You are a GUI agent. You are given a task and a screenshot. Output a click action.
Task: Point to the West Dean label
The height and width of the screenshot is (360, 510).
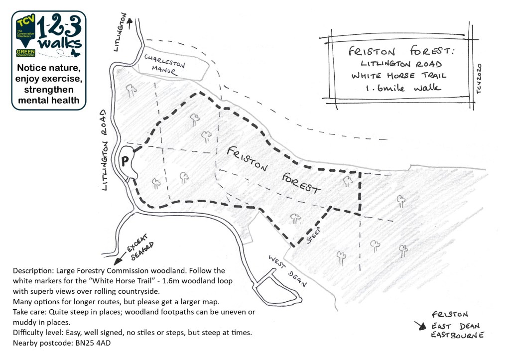(287, 271)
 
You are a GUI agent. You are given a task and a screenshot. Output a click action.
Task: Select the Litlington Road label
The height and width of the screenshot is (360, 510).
(105, 150)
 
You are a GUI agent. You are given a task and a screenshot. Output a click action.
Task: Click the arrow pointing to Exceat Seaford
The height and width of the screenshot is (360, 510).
(119, 259)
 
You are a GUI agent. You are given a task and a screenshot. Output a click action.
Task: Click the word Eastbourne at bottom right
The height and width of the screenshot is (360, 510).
(457, 336)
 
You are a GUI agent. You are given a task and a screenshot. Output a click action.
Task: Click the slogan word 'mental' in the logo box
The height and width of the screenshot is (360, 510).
(35, 100)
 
